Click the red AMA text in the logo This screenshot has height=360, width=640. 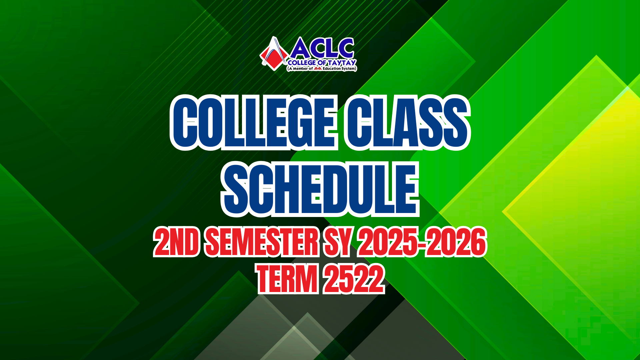(318, 68)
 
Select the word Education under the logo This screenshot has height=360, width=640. (331, 68)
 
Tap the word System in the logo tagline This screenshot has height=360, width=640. (348, 68)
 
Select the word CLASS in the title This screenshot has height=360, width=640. (407, 122)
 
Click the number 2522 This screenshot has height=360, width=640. (354, 279)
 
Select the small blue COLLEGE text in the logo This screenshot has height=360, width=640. (302, 63)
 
